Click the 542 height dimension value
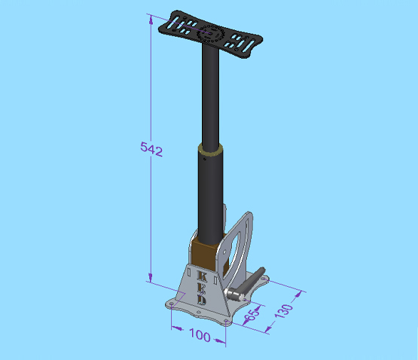coord(151,149)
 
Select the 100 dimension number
coord(200,335)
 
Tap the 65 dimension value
coord(252,313)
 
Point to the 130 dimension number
coord(284,310)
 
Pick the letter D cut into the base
coord(202,300)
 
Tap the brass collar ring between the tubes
coord(211,149)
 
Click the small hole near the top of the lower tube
coord(204,159)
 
